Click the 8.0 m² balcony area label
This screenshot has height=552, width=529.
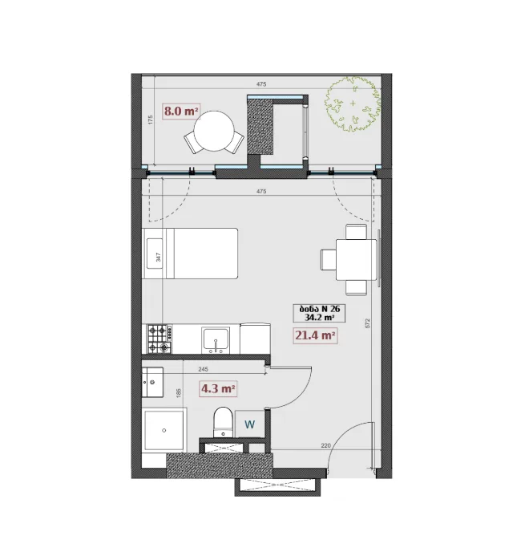(x=181, y=112)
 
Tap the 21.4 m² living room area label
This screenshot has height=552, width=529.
(x=315, y=335)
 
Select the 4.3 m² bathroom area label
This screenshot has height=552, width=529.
(x=218, y=389)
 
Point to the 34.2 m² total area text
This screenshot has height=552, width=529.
(x=319, y=318)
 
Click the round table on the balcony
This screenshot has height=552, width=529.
(x=214, y=131)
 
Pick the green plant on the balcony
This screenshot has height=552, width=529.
(x=353, y=104)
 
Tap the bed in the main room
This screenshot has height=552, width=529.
(x=190, y=254)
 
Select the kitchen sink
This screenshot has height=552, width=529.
(x=216, y=340)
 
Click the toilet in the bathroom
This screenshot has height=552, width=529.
(x=223, y=422)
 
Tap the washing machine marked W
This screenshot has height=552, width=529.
(x=250, y=424)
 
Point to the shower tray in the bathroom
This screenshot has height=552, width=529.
(x=164, y=430)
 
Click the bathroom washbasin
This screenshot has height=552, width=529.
(x=152, y=383)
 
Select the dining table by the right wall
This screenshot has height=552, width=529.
(x=356, y=260)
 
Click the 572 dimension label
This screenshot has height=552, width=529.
(x=368, y=323)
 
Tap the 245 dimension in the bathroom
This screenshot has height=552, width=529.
(x=204, y=369)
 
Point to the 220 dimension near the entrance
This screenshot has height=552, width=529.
(x=325, y=445)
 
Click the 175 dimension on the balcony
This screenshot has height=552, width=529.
(x=151, y=120)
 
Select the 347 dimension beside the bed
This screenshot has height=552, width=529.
(x=158, y=257)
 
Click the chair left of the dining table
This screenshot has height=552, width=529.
(x=329, y=260)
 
